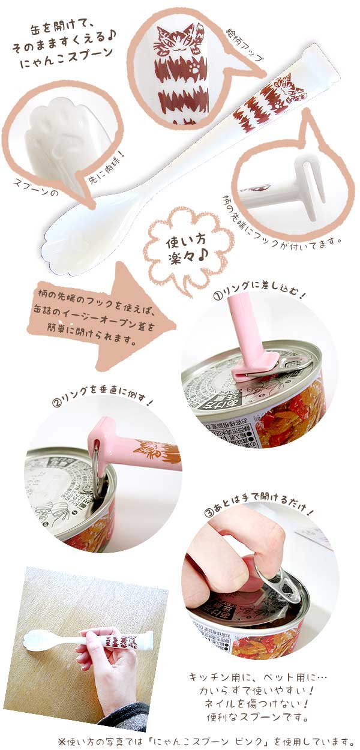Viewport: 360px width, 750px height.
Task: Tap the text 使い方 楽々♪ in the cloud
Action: click(187, 247)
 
